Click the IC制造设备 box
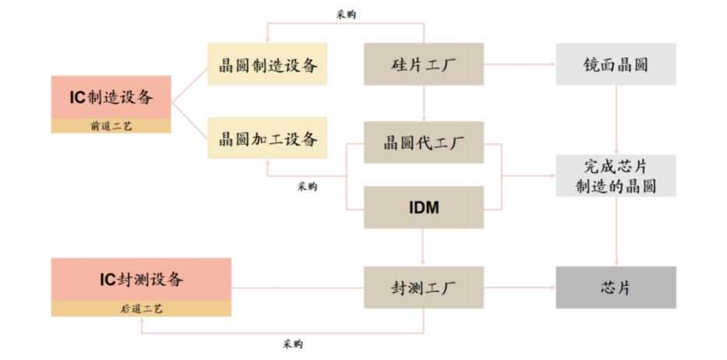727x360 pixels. coord(111,97)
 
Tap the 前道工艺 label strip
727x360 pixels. coord(111,125)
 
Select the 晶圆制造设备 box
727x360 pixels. coord(267,64)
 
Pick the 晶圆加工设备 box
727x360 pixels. coord(267,140)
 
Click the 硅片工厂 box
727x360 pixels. coord(423,64)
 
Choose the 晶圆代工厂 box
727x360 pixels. coord(423,143)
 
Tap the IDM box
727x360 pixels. coord(423,207)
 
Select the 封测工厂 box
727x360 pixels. coord(423,287)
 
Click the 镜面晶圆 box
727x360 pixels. coord(616,64)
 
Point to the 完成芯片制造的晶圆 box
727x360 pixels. coord(616,176)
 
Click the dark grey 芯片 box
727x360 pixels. coord(616,287)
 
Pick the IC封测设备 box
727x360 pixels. coord(141,279)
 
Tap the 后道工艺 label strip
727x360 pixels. coord(141,309)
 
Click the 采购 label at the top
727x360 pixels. coord(347,13)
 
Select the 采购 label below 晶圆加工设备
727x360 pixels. coord(307,186)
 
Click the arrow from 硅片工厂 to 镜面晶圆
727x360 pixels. coord(519,64)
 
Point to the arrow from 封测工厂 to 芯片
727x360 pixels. coord(519,287)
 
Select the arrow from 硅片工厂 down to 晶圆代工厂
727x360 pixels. coord(423,103)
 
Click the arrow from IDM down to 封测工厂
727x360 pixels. coord(423,247)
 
